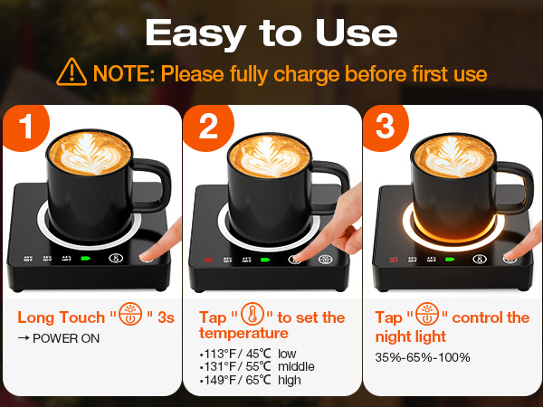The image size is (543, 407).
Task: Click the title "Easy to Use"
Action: click(x=271, y=33)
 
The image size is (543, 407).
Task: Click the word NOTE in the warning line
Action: click(x=116, y=73)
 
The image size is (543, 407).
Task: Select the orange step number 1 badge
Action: click(x=27, y=128)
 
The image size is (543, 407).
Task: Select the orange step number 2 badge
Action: click(x=207, y=128)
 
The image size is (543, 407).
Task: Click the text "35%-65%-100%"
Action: click(x=423, y=357)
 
